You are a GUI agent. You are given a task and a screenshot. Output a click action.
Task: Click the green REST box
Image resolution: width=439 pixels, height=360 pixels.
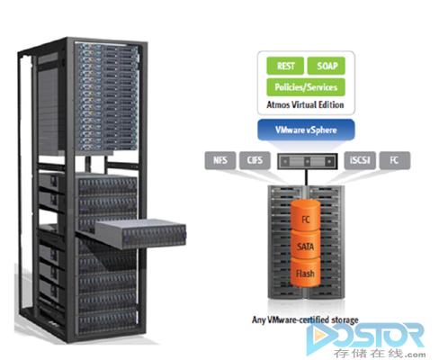coord(285,66)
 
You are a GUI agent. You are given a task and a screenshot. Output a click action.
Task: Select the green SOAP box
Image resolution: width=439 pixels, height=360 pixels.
coord(327,66)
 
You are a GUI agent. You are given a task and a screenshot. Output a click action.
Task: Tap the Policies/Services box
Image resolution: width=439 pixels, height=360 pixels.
coord(306,87)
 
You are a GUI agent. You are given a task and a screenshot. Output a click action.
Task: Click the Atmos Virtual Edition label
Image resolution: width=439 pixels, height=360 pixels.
coord(305,104)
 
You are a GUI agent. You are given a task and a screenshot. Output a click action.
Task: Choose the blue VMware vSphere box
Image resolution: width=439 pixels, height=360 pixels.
coord(306,130)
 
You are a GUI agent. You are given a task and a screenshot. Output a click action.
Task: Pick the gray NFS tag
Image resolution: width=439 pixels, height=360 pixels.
coord(220,160)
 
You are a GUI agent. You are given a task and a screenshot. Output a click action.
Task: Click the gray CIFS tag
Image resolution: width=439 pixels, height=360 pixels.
coord(255,160)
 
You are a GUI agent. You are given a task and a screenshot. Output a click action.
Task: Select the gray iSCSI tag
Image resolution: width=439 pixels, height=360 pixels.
coord(360,160)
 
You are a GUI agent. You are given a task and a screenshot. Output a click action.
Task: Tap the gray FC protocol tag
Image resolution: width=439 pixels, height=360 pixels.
coord(395,160)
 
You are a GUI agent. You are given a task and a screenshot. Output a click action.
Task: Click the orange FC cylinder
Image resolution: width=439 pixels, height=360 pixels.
coord(306,215)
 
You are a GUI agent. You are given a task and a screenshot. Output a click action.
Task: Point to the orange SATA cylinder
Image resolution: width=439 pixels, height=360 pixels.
coord(306,245)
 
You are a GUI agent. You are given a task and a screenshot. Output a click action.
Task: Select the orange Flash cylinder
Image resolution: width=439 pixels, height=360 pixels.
coord(306,272)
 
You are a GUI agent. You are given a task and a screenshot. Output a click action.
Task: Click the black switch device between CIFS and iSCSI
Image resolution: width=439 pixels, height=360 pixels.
coord(308,161)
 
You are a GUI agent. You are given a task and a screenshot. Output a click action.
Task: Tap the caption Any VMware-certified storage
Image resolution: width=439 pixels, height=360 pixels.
coord(305,319)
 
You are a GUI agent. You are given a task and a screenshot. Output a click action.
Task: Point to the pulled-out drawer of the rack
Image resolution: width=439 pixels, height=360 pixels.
coord(141,234)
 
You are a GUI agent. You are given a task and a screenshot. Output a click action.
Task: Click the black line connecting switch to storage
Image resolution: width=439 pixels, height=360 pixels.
coord(306,177)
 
